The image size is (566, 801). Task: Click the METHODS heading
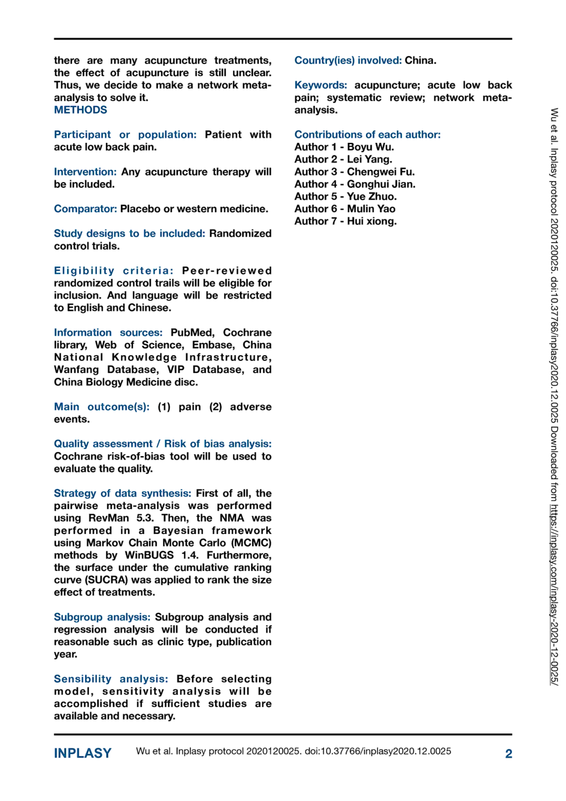pos(80,110)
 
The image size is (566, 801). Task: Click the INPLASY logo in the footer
pos(83,753)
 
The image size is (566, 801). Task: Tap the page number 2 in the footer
pos(508,754)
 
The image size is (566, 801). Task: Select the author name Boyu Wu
pos(370,147)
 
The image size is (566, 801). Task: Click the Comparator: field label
pos(85,209)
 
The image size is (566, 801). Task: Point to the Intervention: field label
pos(85,172)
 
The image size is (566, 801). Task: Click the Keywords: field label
pos(321,86)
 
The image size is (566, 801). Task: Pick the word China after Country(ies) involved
pos(420,60)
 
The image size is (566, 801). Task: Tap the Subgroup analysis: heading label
pos(102,617)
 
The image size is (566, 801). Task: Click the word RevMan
pos(108,518)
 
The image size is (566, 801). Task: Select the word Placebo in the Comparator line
pos(140,209)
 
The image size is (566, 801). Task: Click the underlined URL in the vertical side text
pos(554,594)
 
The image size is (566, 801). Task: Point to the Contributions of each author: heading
pos(367,135)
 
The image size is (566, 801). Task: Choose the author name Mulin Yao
pos(371,209)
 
